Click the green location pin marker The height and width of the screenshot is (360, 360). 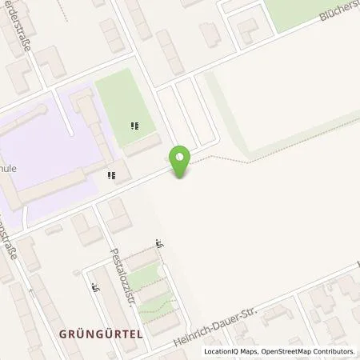(x=181, y=161)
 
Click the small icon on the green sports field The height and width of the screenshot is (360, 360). (x=134, y=126)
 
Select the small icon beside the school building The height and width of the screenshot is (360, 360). (x=113, y=174)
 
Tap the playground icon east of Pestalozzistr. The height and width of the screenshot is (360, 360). (x=159, y=246)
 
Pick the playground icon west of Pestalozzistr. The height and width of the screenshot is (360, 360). (x=95, y=286)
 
